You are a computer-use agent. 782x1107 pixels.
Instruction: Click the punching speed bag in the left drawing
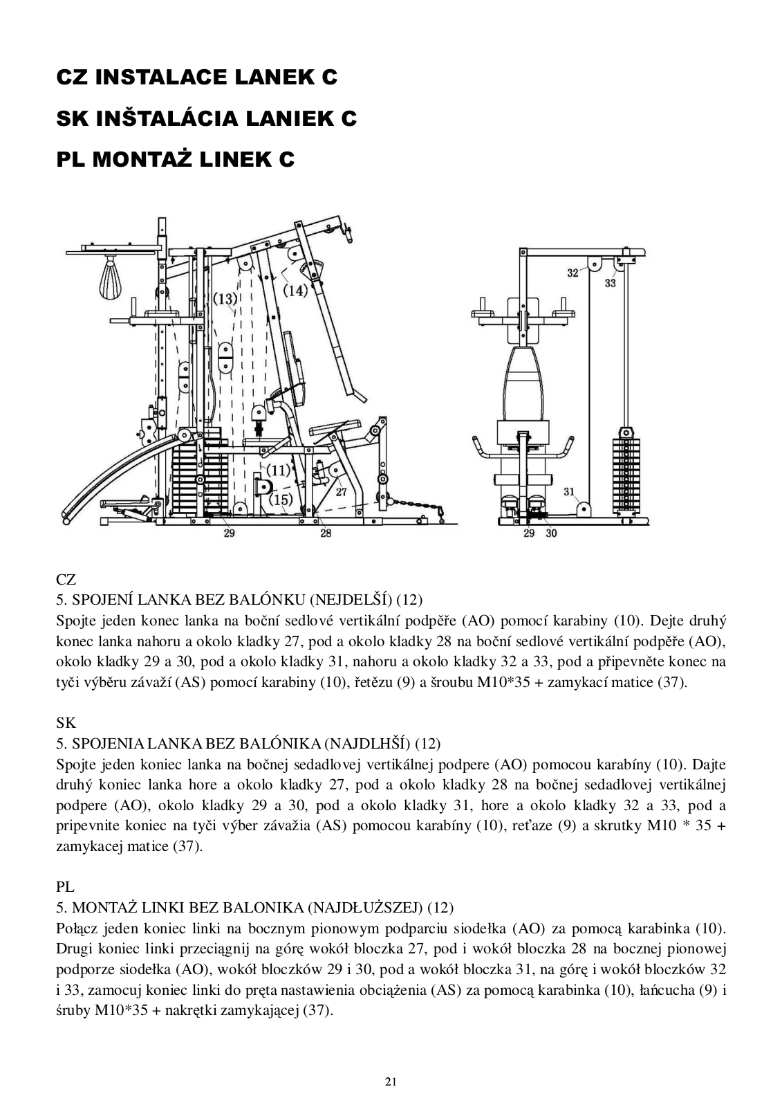[111, 278]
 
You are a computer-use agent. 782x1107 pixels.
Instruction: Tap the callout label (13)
[225, 299]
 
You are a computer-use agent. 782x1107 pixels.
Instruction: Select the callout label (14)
[296, 291]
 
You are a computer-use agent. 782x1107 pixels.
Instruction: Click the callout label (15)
[281, 499]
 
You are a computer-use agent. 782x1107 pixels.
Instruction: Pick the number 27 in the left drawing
[342, 493]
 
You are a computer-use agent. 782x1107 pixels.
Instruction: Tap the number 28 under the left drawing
[326, 533]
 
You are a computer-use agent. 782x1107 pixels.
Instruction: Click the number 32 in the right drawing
[572, 273]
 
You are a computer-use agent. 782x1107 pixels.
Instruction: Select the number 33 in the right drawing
[610, 283]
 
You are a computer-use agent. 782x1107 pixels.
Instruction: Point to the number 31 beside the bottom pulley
[569, 492]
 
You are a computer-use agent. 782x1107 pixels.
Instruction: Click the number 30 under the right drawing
[551, 533]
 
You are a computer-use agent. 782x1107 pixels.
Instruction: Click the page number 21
[391, 1081]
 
